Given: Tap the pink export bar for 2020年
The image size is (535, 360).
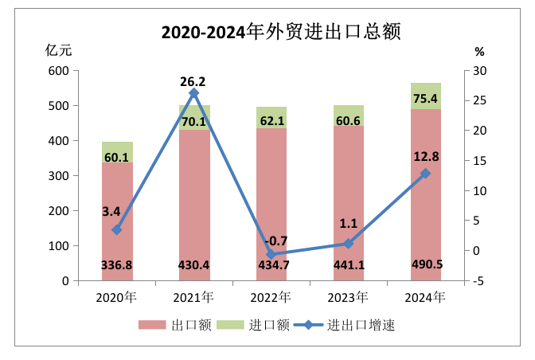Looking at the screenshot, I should (117, 215).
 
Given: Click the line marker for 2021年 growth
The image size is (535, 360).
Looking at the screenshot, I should (194, 93).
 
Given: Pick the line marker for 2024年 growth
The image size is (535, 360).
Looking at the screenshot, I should (426, 174).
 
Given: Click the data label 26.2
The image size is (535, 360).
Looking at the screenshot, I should (194, 80).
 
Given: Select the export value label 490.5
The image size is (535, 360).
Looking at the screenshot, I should (426, 264).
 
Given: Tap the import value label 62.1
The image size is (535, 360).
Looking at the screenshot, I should (271, 122).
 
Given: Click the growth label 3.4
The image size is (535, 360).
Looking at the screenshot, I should (111, 211).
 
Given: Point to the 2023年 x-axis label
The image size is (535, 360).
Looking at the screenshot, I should (349, 298).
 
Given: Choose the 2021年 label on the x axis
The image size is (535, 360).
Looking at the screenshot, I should (194, 298).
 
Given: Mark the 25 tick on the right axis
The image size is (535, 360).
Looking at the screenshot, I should (479, 101).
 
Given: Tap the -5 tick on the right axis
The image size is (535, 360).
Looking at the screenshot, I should (478, 281).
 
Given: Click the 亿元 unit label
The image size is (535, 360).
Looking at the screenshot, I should (60, 51).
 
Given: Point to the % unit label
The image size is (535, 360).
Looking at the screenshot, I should (478, 52).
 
